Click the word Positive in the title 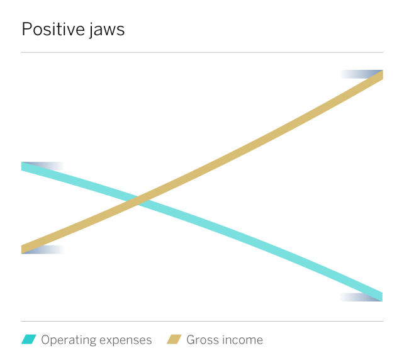[53, 29]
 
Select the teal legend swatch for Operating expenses [29, 339]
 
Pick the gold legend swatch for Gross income [174, 339]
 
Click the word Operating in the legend [69, 340]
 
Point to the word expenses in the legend [125, 340]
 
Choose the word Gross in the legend [201, 340]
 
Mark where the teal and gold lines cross [138, 201]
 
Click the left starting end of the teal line [21, 166]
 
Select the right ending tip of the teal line [383, 297]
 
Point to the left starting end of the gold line [21, 249]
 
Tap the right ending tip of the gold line [383, 75]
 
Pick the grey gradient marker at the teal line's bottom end [360, 298]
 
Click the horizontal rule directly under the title [202, 52]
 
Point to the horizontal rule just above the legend [202, 321]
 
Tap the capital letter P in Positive [26, 29]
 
